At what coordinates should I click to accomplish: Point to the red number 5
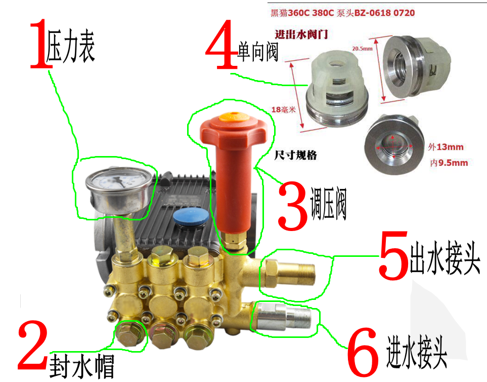pyautogui.click(x=394, y=255)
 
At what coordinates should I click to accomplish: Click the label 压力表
pyautogui.click(x=71, y=47)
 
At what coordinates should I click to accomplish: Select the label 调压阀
pyautogui.click(x=328, y=203)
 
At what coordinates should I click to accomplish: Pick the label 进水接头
pyautogui.click(x=417, y=351)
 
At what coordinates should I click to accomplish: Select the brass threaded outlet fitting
pyautogui.click(x=288, y=274)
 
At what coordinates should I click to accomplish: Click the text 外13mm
pyautogui.click(x=445, y=147)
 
